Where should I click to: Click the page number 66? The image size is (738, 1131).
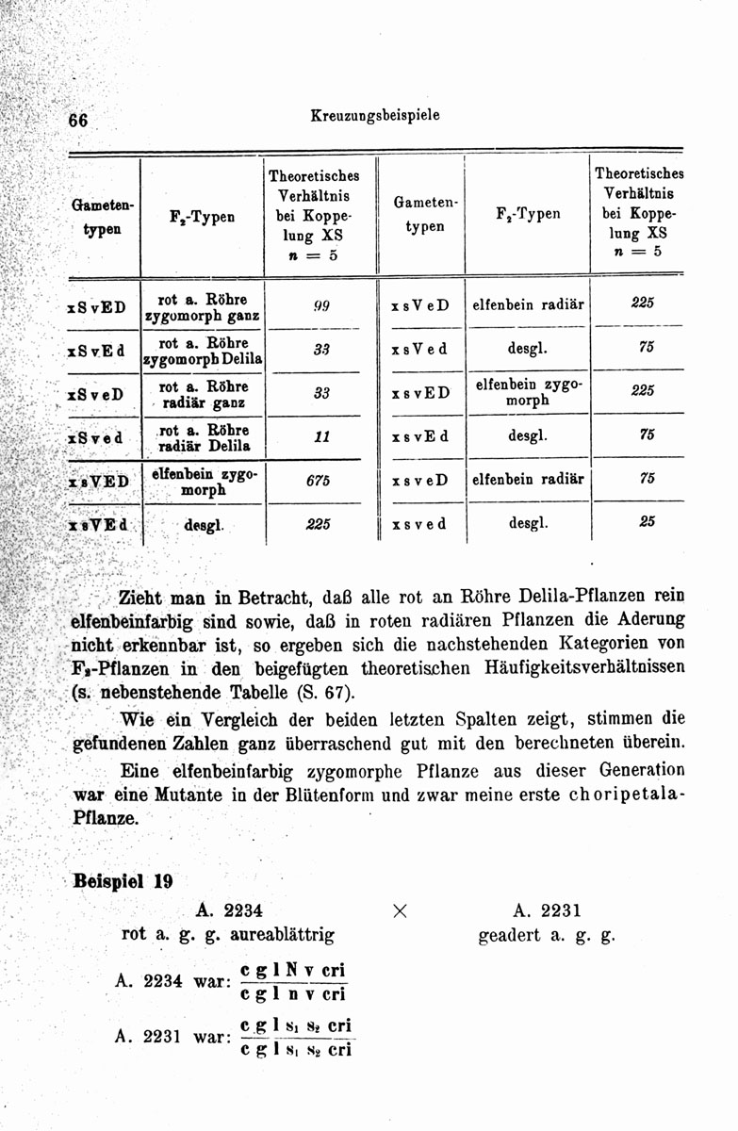77,122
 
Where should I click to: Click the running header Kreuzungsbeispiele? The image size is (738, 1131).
374,116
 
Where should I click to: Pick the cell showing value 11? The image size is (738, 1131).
320,437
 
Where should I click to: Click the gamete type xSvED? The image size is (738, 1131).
97,307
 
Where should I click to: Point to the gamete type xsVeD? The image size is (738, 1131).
420,304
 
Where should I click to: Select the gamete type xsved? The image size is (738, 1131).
418,522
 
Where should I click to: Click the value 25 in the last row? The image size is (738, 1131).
647,520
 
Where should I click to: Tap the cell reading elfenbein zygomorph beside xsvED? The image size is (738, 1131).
527,392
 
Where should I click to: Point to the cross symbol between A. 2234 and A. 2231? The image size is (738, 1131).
401,911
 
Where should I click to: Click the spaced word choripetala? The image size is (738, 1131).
611,794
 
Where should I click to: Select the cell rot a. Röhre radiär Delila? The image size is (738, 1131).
203,437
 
